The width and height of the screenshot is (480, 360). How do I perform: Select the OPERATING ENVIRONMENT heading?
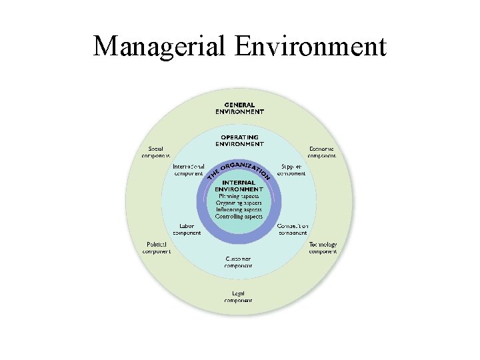pyautogui.click(x=239, y=140)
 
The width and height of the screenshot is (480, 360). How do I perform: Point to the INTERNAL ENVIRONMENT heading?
pyautogui.click(x=239, y=186)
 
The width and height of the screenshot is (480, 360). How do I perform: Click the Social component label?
pyautogui.click(x=155, y=152)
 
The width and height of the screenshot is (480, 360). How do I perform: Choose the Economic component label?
pyautogui.click(x=322, y=152)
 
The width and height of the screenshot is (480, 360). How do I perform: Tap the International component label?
pyautogui.click(x=188, y=169)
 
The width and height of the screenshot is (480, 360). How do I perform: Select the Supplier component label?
pyautogui.click(x=291, y=169)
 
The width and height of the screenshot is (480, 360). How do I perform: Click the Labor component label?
pyautogui.click(x=187, y=229)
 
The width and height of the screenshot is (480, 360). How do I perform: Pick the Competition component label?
pyautogui.click(x=292, y=229)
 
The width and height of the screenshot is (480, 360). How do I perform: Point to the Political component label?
pyautogui.click(x=157, y=248)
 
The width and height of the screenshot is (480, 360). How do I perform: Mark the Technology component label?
pyautogui.click(x=323, y=248)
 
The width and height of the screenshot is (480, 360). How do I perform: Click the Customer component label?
pyautogui.click(x=238, y=262)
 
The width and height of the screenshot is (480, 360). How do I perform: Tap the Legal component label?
pyautogui.click(x=238, y=297)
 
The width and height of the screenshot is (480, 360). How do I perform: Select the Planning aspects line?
pyautogui.click(x=239, y=197)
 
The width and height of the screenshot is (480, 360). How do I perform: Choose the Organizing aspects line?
pyautogui.click(x=239, y=203)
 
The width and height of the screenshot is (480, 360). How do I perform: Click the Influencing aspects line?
pyautogui.click(x=239, y=210)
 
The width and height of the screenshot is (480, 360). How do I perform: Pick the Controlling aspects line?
pyautogui.click(x=239, y=217)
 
